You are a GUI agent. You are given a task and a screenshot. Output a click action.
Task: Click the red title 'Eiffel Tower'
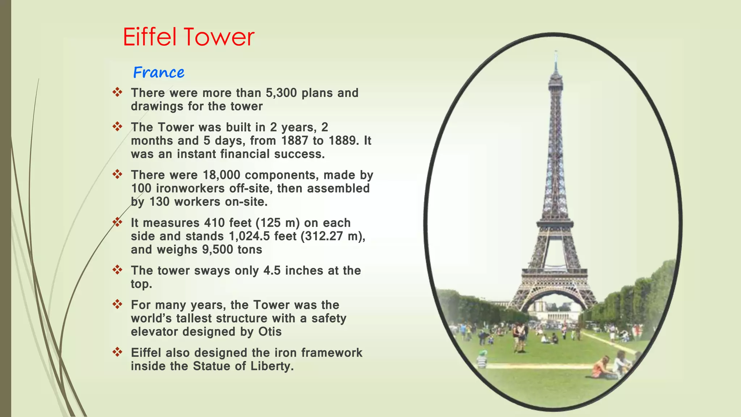[x=189, y=37]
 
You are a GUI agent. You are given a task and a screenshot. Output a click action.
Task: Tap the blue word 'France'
[x=159, y=72]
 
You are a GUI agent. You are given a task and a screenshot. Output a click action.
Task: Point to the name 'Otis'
[x=270, y=332]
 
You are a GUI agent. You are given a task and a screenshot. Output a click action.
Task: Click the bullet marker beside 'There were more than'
[x=117, y=92]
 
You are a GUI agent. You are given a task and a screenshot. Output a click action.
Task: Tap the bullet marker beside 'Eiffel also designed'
[x=117, y=352]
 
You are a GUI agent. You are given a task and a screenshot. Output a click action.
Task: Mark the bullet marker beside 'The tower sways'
[x=117, y=270]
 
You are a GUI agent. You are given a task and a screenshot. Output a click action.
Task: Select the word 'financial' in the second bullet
[x=245, y=154]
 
